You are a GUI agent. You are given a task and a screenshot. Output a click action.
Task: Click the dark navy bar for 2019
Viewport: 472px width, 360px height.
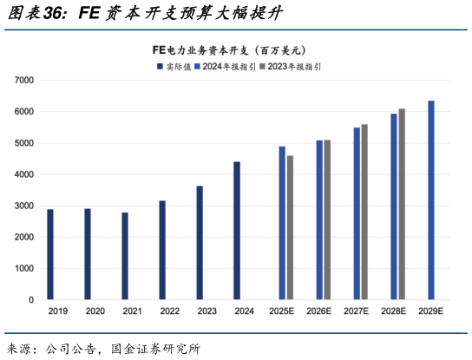coord(50,254)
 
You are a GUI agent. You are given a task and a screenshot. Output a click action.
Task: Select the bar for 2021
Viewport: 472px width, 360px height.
coord(125,256)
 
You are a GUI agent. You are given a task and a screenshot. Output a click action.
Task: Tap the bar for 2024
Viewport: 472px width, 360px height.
coord(237,231)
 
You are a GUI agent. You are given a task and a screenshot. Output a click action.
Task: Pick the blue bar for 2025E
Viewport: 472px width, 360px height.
coord(282,223)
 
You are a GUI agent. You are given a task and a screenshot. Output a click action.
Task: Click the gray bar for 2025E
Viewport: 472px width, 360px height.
coord(290,227)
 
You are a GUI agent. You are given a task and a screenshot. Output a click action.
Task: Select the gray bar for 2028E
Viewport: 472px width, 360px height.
coord(402,204)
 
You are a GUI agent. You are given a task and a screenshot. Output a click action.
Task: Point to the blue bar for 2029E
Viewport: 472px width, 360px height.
coord(431,200)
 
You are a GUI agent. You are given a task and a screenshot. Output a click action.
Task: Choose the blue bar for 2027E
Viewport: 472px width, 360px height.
coord(357,213)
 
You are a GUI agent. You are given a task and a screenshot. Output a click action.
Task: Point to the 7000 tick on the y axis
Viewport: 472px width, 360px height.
coord(25,81)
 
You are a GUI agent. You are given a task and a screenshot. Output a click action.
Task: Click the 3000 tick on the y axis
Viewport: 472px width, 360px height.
coord(25,206)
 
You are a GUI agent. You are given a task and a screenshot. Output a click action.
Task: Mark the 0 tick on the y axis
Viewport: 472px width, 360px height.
coord(31,300)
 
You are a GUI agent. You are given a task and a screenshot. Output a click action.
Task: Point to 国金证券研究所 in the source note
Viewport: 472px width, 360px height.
coord(155,349)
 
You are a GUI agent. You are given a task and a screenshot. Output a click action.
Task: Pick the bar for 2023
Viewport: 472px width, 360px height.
coord(200,243)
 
